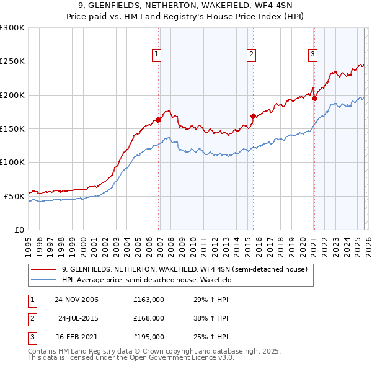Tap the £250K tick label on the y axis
pyautogui.click(x=12, y=61)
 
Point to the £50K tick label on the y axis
pyautogui.click(x=14, y=196)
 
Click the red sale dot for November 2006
pyautogui.click(x=159, y=120)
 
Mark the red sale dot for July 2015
pyautogui.click(x=253, y=116)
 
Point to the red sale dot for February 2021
pyautogui.click(x=314, y=98)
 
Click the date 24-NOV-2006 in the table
pyautogui.click(x=76, y=300)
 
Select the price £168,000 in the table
pyautogui.click(x=149, y=318)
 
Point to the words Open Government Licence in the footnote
pyautogui.click(x=178, y=358)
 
